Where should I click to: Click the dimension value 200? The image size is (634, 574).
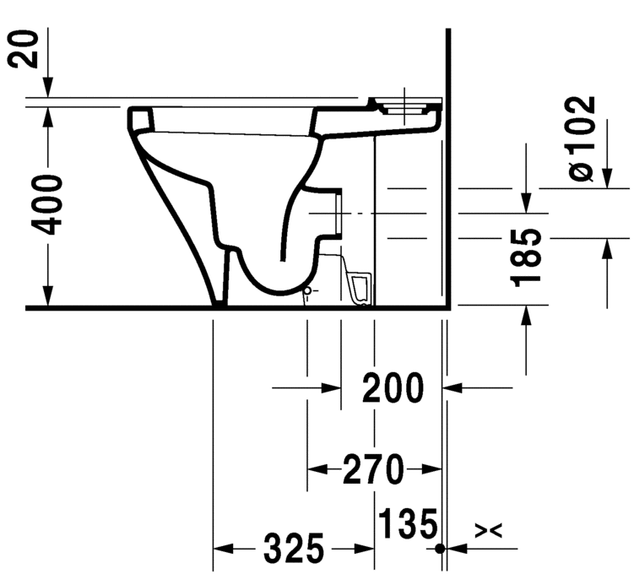393,388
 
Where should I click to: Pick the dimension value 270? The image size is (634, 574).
374,469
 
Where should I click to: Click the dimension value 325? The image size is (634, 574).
293,550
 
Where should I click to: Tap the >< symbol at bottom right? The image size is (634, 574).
489,530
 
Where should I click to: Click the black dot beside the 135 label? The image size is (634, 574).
440,549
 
